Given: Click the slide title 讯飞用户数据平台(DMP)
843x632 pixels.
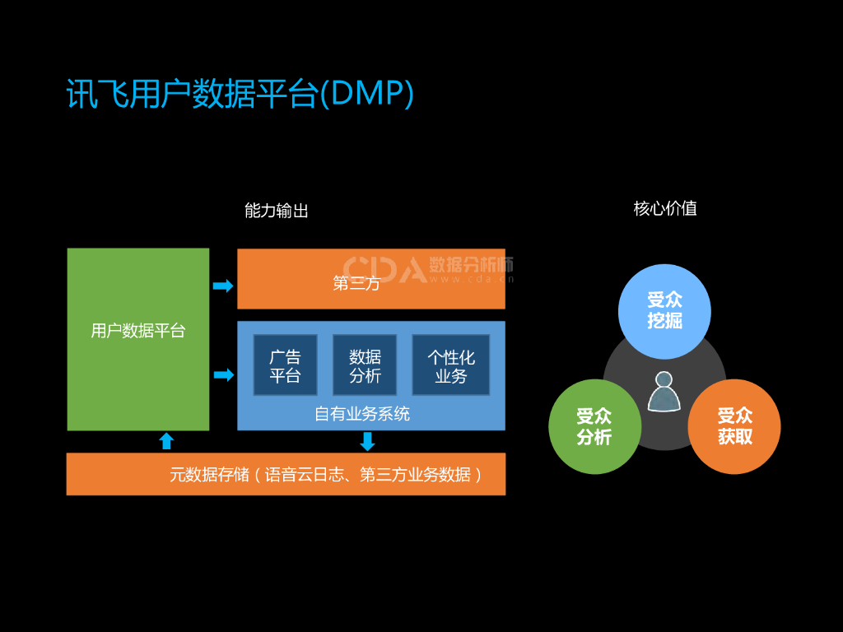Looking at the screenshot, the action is (x=240, y=94).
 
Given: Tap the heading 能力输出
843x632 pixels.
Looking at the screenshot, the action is (x=277, y=210).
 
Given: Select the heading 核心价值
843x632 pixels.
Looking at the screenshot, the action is (x=665, y=208).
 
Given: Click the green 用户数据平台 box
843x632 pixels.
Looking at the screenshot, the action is (x=138, y=339).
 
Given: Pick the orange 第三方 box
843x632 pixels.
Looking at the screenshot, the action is (x=371, y=278).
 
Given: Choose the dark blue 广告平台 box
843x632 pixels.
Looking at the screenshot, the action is (x=285, y=365).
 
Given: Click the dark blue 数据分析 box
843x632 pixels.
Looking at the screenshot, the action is (x=365, y=365).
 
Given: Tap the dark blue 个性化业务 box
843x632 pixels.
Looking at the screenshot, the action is (x=450, y=365).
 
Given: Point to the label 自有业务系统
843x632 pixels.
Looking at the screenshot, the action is (x=362, y=413).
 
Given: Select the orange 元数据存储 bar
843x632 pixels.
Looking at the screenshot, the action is (x=286, y=474).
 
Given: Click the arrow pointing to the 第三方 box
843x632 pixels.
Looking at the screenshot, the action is (x=223, y=286).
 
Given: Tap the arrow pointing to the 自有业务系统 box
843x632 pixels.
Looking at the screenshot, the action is (x=224, y=374).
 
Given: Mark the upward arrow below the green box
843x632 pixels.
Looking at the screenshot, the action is (x=166, y=441).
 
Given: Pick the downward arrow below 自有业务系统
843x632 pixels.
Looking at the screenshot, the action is (x=367, y=442).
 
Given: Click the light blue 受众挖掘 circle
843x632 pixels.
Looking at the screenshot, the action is (x=664, y=311).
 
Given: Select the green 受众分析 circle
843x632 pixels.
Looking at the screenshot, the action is (x=594, y=427).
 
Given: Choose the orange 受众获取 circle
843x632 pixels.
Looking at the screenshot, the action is (x=734, y=427).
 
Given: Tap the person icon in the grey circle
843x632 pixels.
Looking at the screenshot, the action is (x=664, y=392).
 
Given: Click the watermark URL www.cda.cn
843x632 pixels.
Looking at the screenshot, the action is (x=472, y=279).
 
